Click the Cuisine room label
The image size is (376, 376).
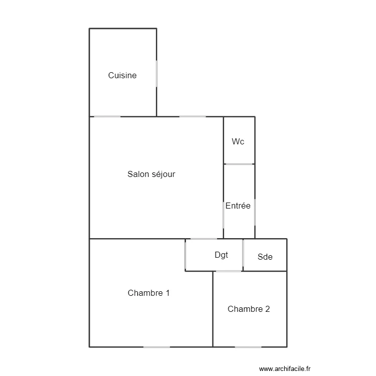coord(122,76)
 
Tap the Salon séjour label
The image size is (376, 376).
coord(151,174)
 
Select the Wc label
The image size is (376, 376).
coord(238,141)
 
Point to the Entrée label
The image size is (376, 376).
coord(238,206)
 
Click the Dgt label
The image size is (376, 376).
coord(221,255)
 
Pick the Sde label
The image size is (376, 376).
coord(265,257)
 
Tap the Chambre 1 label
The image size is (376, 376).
coord(148,293)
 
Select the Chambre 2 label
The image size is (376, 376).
coord(249,309)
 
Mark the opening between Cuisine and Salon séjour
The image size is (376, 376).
coord(107,117)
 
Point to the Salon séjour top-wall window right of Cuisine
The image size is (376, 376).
coord(193,117)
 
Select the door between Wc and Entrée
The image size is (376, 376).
coord(239,164)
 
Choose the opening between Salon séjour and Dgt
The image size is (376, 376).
coord(201,239)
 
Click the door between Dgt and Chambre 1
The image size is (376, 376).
coord(185,255)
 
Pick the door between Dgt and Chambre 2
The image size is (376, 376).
coord(229,271)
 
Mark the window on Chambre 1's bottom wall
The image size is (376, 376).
coord(156,347)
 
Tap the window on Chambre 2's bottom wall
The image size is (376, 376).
coord(248,347)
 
